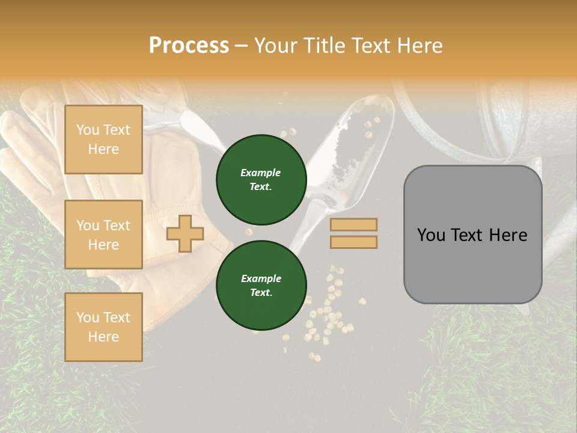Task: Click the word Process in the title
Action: point(189,46)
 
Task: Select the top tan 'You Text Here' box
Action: point(103,140)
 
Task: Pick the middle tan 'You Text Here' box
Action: point(103,235)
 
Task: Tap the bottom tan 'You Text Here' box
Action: point(103,327)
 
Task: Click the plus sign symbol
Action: point(185,234)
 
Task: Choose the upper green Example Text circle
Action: point(261,180)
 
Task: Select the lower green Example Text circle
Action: point(261,286)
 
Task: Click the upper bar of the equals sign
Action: point(354,225)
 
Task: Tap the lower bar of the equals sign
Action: point(354,242)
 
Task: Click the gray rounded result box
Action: point(472,235)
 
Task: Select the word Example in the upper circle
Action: point(261,173)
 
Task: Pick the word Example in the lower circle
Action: point(261,278)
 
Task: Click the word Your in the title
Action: point(277,46)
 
